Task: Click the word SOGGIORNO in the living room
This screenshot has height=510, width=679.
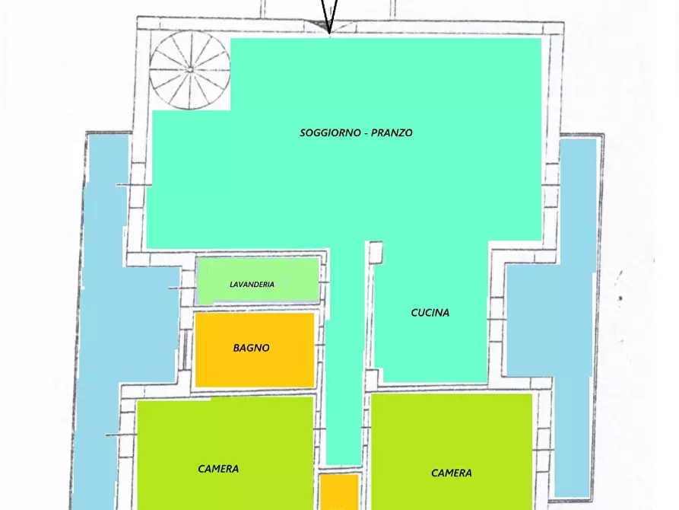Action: pos(330,132)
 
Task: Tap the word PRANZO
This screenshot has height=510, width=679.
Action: pos(392,132)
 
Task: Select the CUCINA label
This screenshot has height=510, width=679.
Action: pos(430,313)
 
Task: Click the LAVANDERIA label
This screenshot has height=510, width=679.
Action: pos(252,285)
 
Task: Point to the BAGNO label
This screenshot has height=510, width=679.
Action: pos(251,348)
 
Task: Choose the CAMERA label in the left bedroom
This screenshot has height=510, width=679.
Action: pos(218,469)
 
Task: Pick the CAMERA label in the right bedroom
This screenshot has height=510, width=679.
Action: pos(451,473)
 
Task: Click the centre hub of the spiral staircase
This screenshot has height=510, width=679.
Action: pos(189,70)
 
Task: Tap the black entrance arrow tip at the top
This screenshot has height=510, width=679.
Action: pos(329,33)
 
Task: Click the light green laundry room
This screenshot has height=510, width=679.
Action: pos(258,280)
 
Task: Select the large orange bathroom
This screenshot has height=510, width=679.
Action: pos(255,349)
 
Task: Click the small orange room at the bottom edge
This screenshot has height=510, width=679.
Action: pos(339,492)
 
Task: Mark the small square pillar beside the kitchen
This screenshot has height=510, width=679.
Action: pos(376,253)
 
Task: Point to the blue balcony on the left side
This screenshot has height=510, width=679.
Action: pos(117,321)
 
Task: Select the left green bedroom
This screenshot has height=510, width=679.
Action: pos(225,453)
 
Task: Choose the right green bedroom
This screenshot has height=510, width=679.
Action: pos(452,452)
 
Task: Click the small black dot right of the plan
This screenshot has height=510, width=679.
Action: pos(620,298)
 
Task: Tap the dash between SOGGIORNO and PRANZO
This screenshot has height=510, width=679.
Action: pos(366,133)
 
